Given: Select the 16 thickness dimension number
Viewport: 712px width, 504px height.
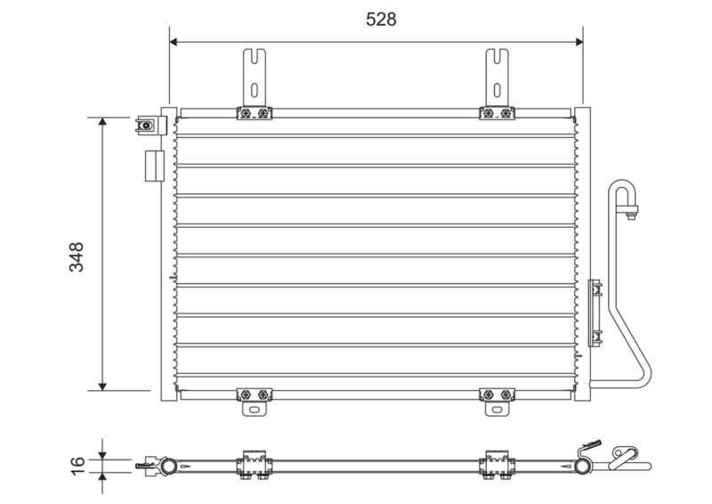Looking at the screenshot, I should tap(77, 462).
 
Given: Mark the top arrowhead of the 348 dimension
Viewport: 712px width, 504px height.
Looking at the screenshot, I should tap(103, 122).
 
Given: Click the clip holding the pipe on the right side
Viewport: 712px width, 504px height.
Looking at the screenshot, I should tap(596, 302).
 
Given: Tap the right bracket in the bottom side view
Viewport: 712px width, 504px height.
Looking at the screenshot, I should tap(495, 465).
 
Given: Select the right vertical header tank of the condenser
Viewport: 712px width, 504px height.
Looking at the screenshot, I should tap(581, 254).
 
